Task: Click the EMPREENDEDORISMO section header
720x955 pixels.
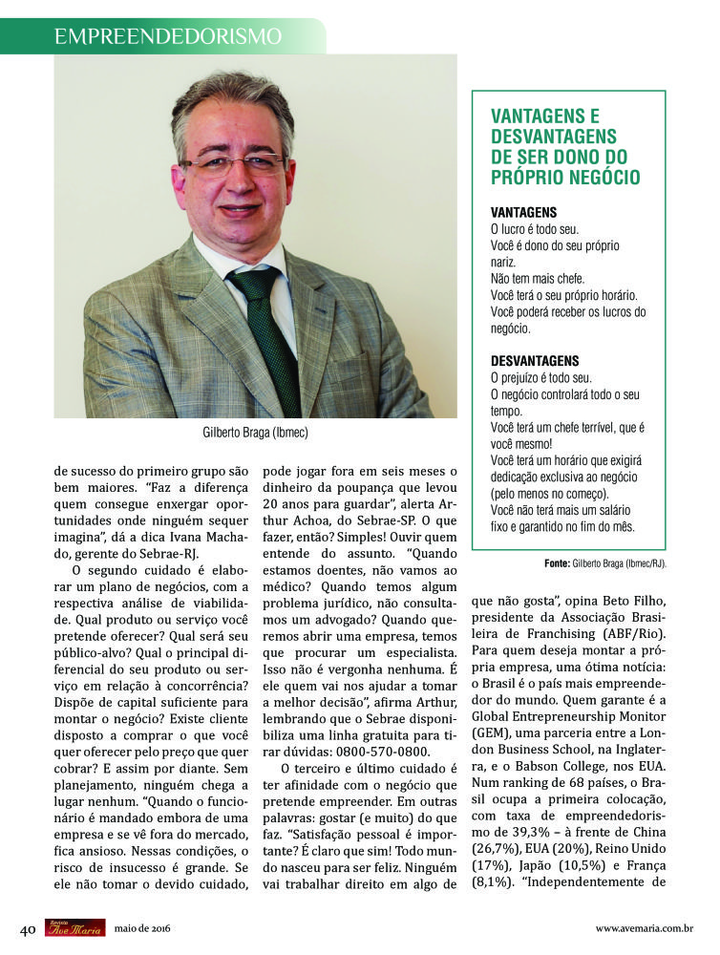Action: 168,36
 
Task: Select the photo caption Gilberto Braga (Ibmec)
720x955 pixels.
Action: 255,433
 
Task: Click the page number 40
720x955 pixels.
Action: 29,928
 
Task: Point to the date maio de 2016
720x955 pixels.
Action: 142,928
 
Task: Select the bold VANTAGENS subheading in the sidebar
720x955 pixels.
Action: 523,212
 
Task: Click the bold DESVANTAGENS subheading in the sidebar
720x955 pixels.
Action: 535,360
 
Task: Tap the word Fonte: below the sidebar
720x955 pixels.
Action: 557,563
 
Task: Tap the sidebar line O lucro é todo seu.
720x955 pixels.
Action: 534,229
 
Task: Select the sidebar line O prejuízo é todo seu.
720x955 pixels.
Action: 540,377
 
